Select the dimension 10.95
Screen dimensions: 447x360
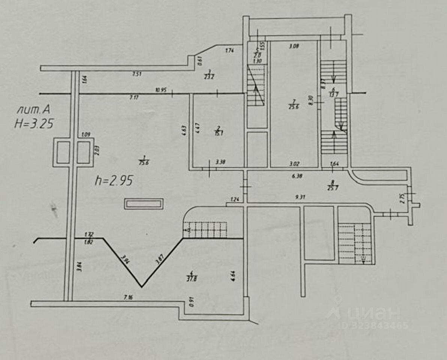(x=161, y=90)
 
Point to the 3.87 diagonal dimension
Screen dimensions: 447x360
(x=159, y=259)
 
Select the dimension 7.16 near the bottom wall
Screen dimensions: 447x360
(x=129, y=297)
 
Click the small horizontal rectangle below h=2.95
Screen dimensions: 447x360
(x=144, y=204)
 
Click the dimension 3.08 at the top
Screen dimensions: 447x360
(x=293, y=46)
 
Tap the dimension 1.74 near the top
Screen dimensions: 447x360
(x=230, y=50)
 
